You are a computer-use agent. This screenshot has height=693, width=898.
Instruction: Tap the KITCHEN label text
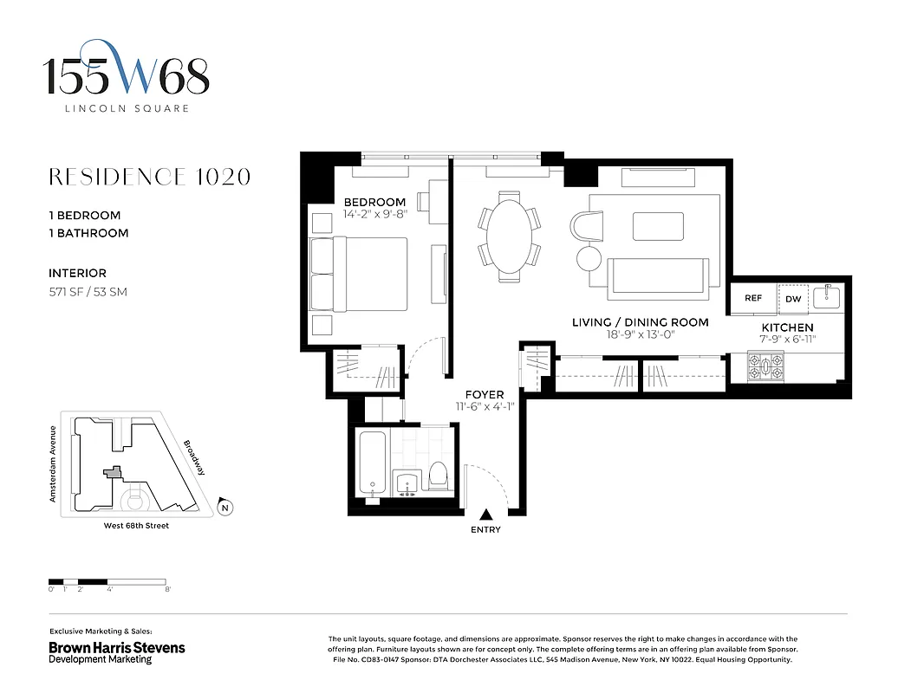click(787, 327)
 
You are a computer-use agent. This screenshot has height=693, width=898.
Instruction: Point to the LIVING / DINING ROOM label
click(640, 322)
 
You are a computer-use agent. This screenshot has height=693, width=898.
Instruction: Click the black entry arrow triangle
click(485, 515)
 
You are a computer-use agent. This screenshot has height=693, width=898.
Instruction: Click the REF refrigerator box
click(753, 298)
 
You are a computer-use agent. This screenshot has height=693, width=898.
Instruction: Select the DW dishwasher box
click(793, 298)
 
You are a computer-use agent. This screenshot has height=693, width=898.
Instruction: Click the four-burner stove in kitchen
click(766, 370)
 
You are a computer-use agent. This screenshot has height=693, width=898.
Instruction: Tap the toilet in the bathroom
click(438, 474)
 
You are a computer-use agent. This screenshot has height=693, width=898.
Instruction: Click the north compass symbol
click(225, 508)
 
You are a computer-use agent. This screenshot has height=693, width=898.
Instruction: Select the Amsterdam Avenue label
click(54, 463)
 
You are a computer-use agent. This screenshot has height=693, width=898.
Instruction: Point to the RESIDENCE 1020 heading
click(150, 177)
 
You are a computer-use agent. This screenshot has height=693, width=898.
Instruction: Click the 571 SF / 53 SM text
click(88, 292)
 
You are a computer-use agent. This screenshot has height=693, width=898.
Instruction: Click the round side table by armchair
click(589, 257)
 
